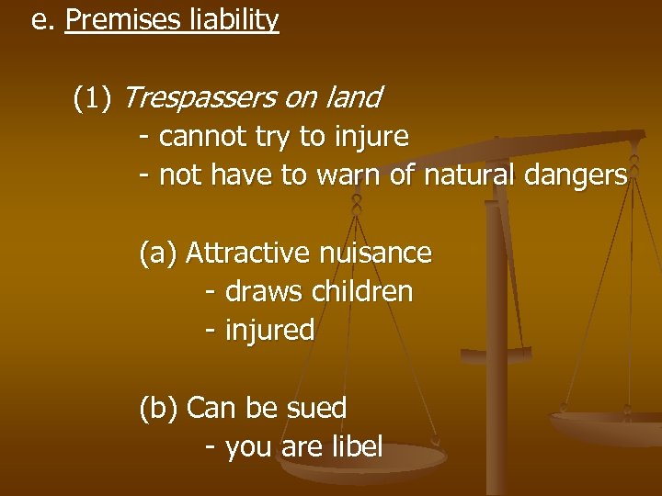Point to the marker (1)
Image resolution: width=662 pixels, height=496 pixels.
tap(93, 96)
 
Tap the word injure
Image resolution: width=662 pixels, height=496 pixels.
tap(371, 137)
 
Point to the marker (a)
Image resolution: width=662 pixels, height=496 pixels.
tap(158, 252)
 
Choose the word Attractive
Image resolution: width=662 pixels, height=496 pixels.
tap(245, 252)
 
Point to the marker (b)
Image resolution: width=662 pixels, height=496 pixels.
tap(158, 407)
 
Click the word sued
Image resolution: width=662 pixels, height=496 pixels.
tap(316, 407)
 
